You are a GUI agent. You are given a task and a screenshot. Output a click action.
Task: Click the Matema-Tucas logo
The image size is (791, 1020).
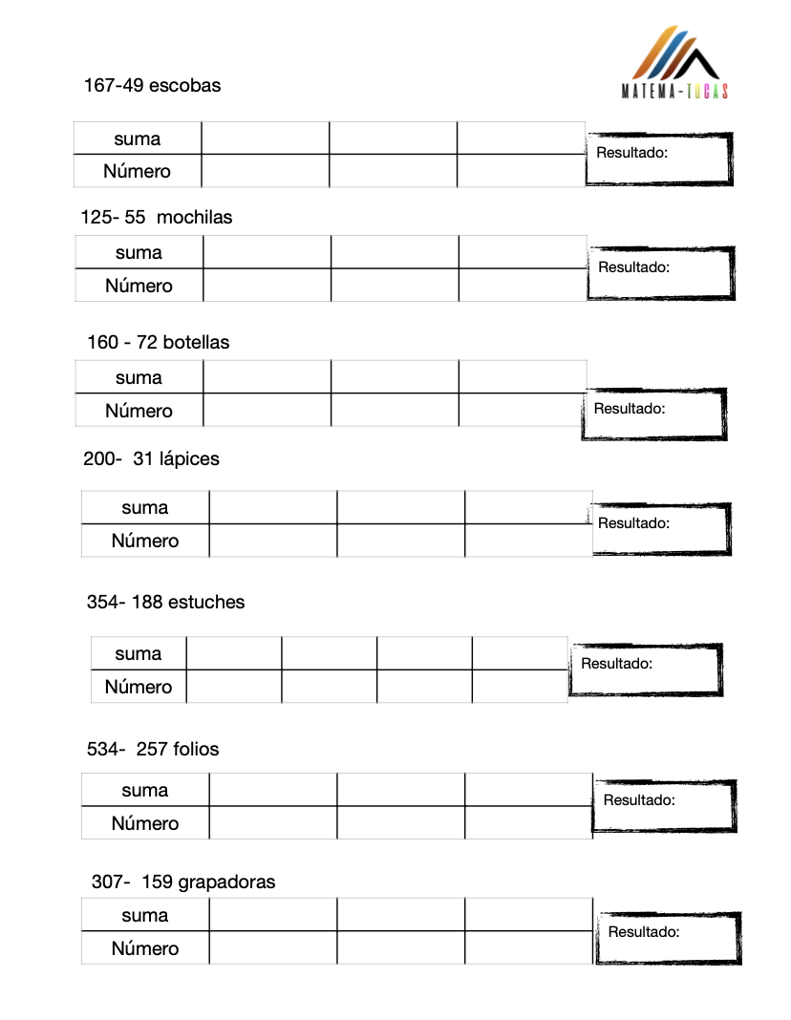[674, 63]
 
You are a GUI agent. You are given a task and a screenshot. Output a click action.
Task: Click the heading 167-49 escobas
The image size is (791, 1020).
[152, 86]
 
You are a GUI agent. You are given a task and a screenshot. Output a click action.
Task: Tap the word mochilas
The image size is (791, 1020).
[194, 218]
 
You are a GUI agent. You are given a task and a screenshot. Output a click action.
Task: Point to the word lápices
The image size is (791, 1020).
[189, 459]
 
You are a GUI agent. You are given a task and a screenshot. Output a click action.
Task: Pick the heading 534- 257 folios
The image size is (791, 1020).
[153, 750]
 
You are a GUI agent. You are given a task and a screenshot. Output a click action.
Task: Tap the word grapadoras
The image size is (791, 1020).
[226, 882]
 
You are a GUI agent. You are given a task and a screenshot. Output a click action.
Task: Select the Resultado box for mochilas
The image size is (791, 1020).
[661, 273]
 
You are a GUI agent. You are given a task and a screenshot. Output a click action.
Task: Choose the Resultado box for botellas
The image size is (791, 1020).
[654, 414]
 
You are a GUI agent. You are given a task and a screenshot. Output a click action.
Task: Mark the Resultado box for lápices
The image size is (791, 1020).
[661, 528]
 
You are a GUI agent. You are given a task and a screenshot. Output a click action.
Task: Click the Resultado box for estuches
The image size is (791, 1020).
[646, 669]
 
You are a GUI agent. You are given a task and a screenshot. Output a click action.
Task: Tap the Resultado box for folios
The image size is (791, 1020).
[665, 806]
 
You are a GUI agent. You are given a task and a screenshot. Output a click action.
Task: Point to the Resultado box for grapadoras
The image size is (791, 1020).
[669, 938]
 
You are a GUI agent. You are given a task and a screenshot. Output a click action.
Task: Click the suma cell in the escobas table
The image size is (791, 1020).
[138, 139]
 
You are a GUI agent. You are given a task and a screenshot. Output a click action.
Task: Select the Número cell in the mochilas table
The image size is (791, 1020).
[139, 287]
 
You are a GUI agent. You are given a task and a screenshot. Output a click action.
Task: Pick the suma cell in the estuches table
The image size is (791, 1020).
[139, 654]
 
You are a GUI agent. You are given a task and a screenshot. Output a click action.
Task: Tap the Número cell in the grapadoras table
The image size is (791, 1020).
[145, 949]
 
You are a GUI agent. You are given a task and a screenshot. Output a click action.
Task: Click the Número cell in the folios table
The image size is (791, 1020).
[145, 824]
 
